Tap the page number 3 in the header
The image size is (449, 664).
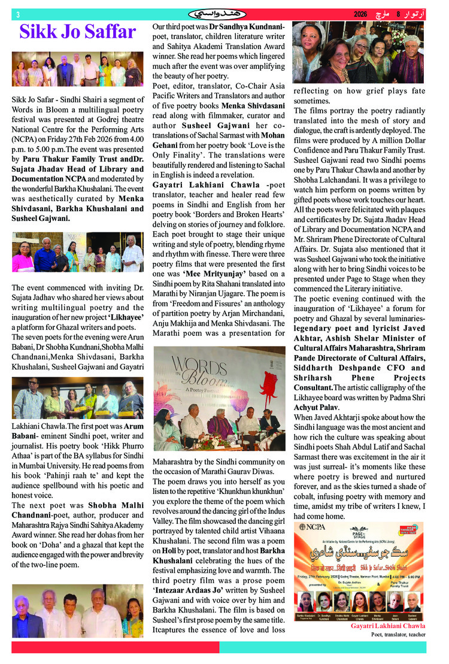(17, 14)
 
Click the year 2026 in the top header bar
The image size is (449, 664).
(360, 14)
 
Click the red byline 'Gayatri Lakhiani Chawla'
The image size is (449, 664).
(388, 626)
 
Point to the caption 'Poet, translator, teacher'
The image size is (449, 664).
(399, 634)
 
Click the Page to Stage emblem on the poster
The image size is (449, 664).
(358, 533)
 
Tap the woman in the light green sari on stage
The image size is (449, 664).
(166, 428)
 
